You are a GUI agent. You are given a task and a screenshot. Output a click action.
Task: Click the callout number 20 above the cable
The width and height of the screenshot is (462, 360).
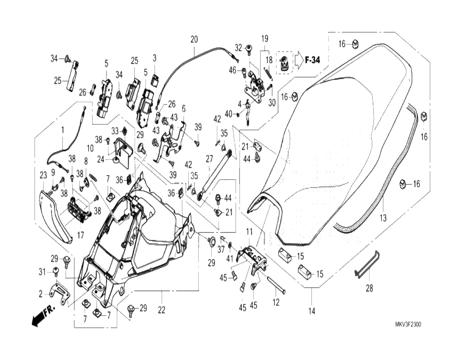tap(194, 40)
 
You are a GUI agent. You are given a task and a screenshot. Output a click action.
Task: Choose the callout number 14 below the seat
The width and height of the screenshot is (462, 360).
tap(311, 311)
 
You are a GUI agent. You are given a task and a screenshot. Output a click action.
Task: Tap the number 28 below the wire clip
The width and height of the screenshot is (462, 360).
tap(369, 289)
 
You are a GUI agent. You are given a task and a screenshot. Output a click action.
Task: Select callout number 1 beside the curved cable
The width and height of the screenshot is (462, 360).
tap(62, 130)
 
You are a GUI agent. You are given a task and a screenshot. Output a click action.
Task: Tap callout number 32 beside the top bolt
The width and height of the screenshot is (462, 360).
tap(238, 48)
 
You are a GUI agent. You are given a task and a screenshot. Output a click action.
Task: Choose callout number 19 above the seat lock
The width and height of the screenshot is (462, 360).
tap(265, 39)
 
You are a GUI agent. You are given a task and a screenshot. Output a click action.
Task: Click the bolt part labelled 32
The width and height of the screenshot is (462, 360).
tap(249, 49)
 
